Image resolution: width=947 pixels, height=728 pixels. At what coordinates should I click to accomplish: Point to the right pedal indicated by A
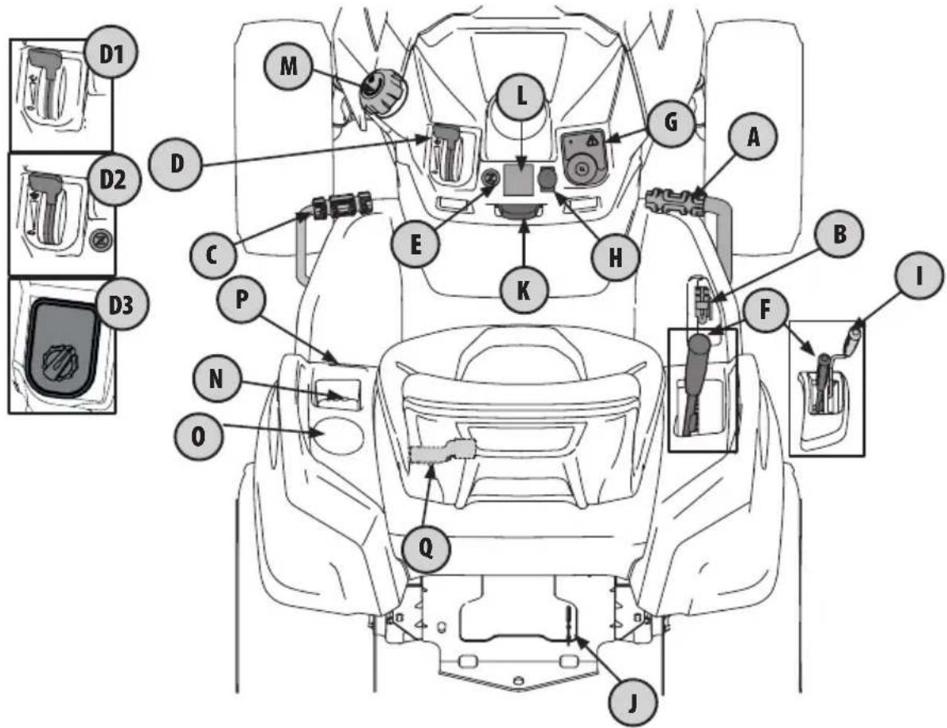(676, 198)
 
